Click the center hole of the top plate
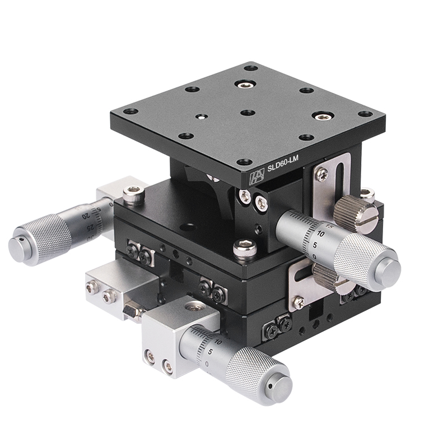click(x=248, y=113)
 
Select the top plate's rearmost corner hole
click(x=251, y=68)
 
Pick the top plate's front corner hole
click(x=242, y=162)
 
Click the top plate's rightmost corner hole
click(x=365, y=114)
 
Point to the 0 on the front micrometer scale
click(x=209, y=364)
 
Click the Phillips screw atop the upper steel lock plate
click(x=321, y=174)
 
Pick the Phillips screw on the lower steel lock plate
click(x=299, y=302)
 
